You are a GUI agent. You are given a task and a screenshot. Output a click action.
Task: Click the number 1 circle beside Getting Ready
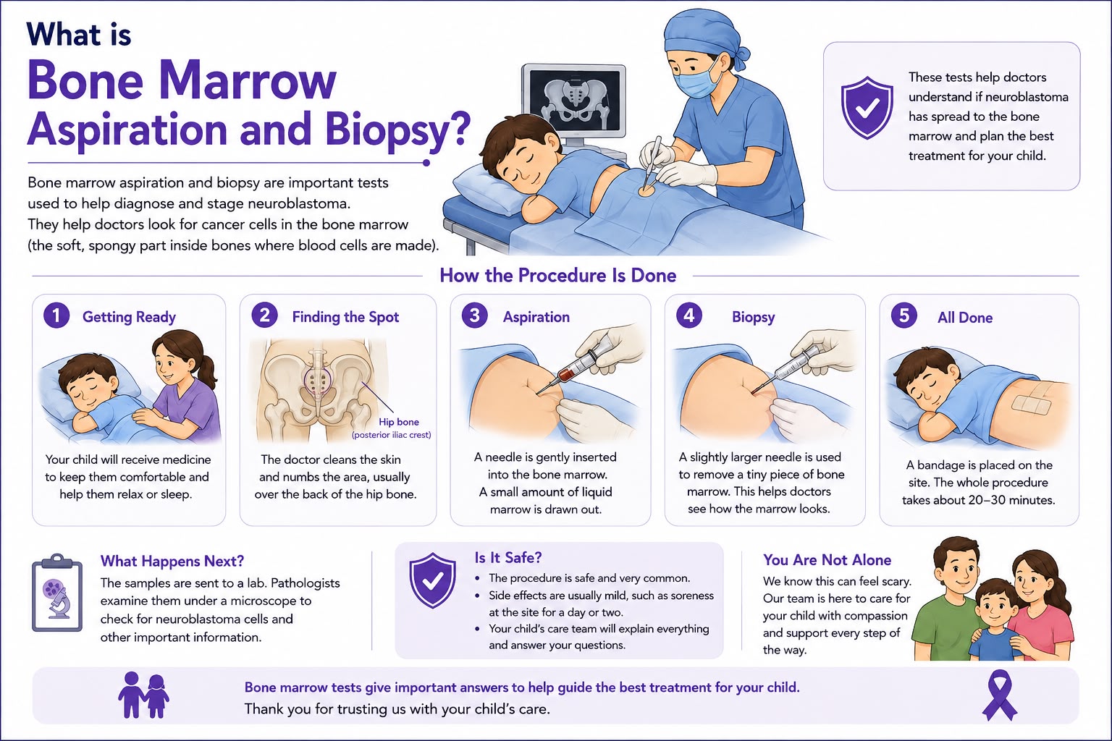(56, 316)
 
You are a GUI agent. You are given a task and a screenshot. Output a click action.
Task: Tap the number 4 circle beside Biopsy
(689, 316)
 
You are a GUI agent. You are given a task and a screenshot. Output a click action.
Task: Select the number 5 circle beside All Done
(904, 316)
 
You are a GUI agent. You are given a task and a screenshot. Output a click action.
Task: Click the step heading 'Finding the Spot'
(345, 317)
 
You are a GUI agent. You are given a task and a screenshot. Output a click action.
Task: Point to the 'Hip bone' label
(399, 422)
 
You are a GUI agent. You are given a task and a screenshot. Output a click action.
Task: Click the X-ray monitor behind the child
(574, 102)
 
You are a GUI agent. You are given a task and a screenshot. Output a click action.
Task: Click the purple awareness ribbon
(999, 695)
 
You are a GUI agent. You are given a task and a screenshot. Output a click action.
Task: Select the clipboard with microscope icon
(57, 593)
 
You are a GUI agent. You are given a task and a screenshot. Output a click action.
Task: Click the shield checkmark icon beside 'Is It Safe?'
(432, 580)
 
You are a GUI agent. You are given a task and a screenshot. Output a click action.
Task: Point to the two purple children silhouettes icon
(143, 695)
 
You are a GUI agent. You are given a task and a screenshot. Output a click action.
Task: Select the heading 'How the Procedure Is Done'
(558, 276)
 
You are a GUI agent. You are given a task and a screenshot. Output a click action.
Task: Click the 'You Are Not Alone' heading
(827, 560)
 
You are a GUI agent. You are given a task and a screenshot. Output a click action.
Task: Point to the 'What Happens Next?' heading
(172, 561)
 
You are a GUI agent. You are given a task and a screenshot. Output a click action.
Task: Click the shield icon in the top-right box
(867, 107)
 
